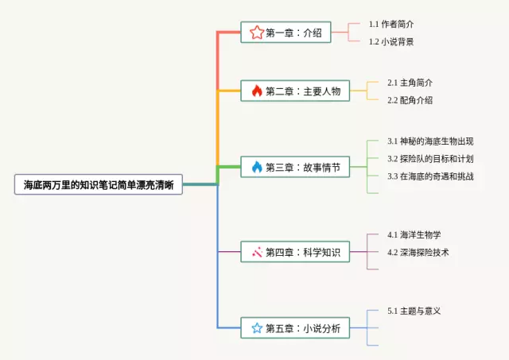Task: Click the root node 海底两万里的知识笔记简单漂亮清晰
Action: point(99,184)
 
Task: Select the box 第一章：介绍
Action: point(286,32)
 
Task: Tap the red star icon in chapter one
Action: point(257,33)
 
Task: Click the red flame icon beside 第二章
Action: point(257,91)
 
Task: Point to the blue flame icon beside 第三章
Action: point(257,167)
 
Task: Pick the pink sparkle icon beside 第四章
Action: point(257,252)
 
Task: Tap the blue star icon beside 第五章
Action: point(257,328)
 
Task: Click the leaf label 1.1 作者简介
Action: point(391,24)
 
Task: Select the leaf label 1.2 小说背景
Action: point(391,41)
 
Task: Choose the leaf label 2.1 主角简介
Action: point(410,83)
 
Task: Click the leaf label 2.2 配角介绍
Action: point(410,100)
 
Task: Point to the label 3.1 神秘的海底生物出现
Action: point(430,141)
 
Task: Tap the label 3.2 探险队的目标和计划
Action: point(430,159)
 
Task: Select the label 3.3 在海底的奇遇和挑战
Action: point(430,176)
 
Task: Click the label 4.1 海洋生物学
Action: point(414,234)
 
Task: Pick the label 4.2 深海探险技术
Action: point(418,253)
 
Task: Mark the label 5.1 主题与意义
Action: point(414,311)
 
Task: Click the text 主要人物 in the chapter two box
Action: point(322,91)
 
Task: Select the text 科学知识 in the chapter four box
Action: point(322,252)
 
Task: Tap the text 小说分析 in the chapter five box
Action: point(322,328)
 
